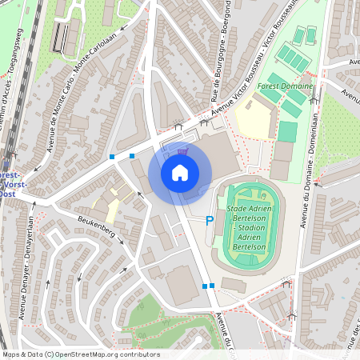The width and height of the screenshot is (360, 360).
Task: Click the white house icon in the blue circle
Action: (180, 173)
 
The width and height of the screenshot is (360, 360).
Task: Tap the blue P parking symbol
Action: (210, 221)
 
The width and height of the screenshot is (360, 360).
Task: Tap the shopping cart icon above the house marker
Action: (182, 149)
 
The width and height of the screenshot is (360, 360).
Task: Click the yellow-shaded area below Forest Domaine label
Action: (252, 119)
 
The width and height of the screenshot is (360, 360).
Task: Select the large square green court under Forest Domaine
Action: (287, 131)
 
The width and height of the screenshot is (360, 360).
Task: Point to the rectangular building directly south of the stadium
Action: (234, 284)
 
